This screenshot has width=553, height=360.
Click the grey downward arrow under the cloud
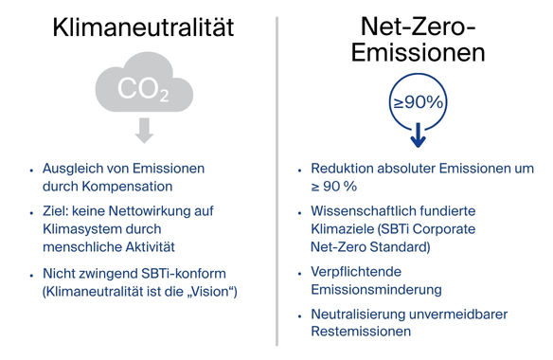[144, 132]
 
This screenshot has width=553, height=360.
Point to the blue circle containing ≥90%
[418, 101]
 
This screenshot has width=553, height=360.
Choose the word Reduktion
[342, 169]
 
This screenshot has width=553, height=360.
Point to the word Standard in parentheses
[401, 247]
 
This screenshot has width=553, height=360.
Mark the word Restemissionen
[361, 333]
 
